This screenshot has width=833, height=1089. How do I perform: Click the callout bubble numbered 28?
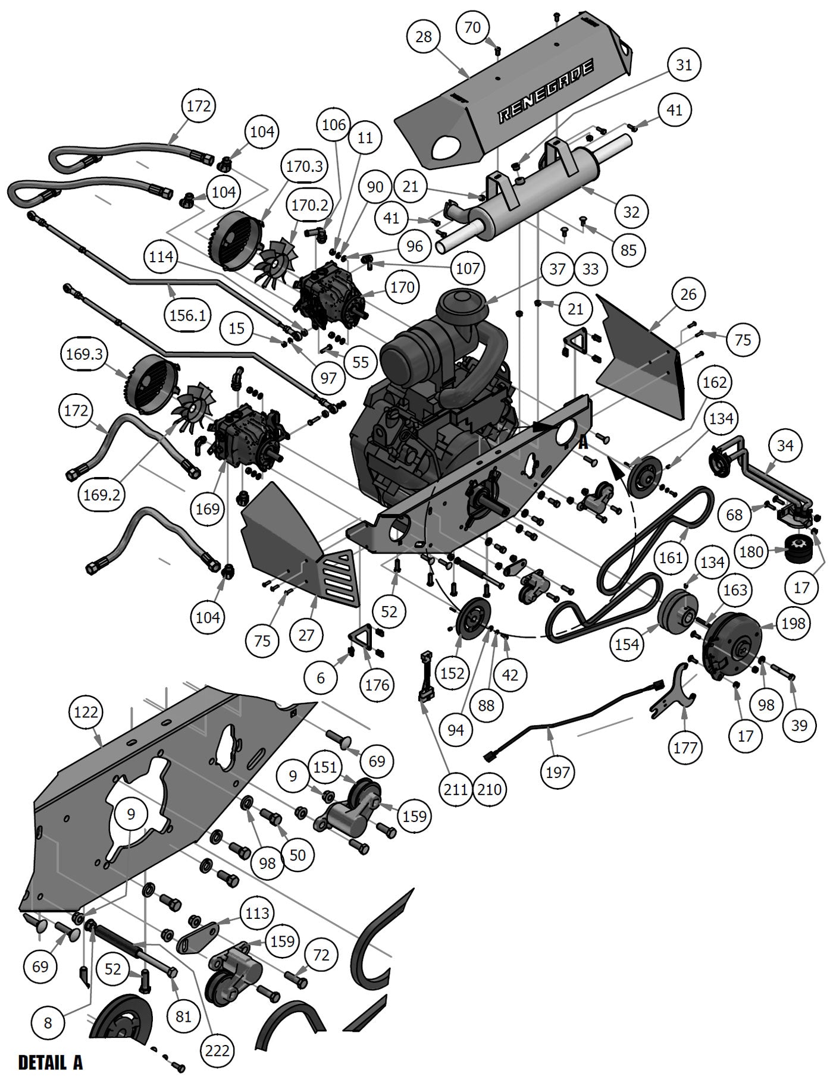coord(424,37)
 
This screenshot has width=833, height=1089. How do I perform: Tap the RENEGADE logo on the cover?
coord(546,92)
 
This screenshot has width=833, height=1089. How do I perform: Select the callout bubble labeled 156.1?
coord(187,315)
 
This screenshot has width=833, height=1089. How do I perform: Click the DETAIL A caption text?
coord(51,1062)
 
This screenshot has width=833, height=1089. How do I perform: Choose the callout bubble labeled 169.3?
coord(85,354)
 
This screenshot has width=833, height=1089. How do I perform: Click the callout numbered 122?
coord(86,711)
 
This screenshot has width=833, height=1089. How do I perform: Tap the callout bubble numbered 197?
coord(558,773)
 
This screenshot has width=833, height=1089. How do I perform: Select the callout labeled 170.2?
coord(310,205)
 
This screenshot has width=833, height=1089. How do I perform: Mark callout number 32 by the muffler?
coord(631,212)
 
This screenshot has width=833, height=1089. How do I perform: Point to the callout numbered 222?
coord(217,1051)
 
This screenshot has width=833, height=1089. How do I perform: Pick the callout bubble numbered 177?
coord(685,747)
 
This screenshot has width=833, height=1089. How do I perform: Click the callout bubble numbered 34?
coord(785,445)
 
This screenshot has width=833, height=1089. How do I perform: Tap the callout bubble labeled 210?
coord(489,789)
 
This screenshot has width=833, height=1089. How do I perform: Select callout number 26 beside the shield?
coord(688,294)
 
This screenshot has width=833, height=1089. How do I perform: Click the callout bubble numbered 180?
coord(751,551)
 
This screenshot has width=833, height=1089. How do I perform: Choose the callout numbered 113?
coord(257,912)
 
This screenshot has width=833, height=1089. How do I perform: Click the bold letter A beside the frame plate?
coord(583,442)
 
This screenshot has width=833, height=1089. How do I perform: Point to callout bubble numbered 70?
coord(472,27)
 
